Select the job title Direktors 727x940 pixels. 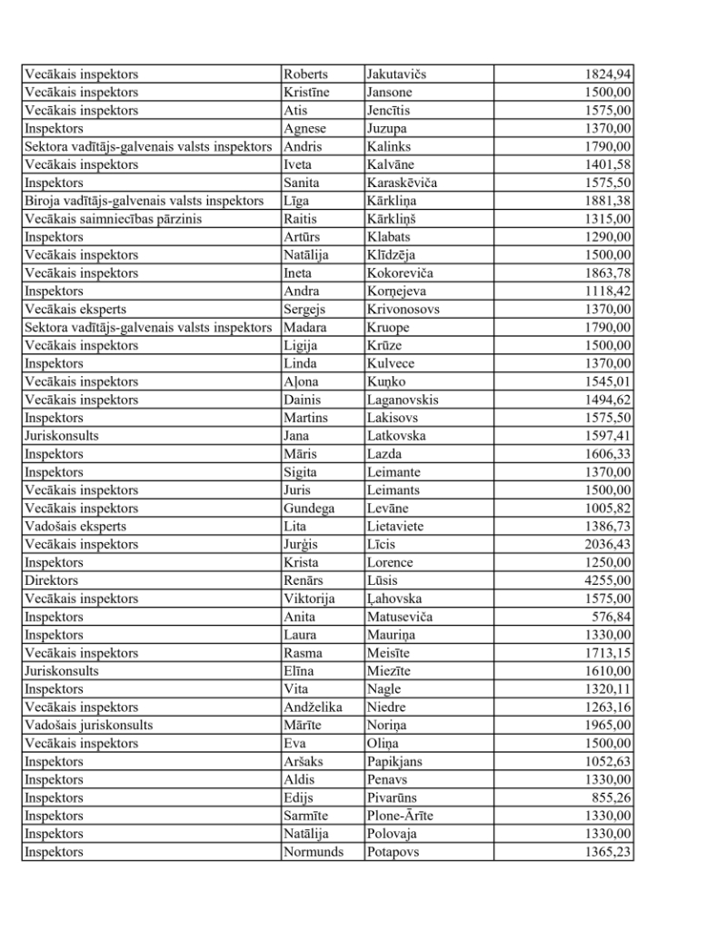point(51,580)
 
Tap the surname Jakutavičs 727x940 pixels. point(396,74)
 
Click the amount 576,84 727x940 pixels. point(612,617)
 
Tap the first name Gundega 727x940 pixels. point(308,508)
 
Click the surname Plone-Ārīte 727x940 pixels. point(400,816)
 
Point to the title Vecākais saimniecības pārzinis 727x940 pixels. point(113,218)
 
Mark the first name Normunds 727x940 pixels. point(314,852)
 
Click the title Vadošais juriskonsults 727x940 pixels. point(88,725)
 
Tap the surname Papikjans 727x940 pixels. point(394,761)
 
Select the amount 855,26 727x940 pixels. point(612,797)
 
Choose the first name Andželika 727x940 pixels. point(313,707)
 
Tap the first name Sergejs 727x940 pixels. point(304,309)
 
